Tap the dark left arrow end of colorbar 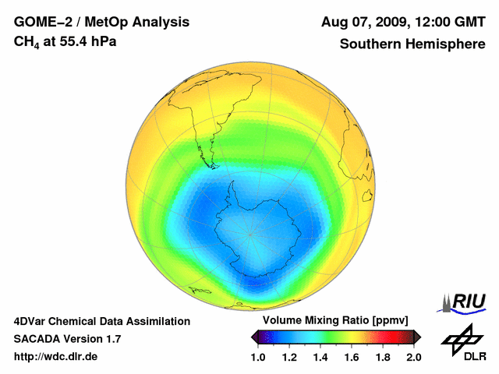pyautogui.click(x=254, y=336)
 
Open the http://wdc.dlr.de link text pyautogui.click(x=56, y=357)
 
